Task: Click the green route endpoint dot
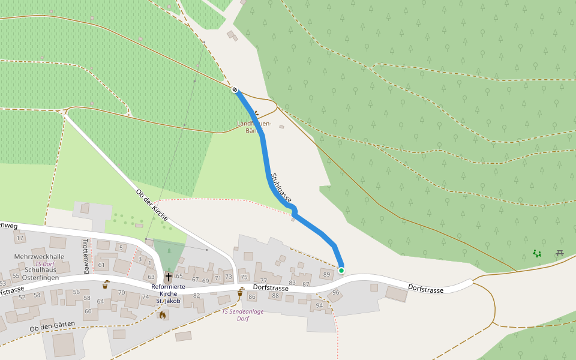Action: pos(341,271)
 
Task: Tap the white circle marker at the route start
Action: pos(235,90)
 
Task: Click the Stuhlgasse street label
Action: pos(281,187)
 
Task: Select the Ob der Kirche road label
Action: pos(152,205)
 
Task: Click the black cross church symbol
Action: pos(169,277)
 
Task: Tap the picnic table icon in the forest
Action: pos(560,253)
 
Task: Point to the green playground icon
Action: pos(537,254)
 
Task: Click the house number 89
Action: pos(326,274)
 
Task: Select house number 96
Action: pos(336,292)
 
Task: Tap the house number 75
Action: pos(244,277)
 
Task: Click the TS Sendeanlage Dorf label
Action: pos(243,315)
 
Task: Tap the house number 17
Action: pos(20,238)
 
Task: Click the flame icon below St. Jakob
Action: pos(163,314)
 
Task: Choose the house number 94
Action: pos(319,305)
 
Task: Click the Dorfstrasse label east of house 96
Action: pos(425,289)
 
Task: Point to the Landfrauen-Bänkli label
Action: pos(254,127)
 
